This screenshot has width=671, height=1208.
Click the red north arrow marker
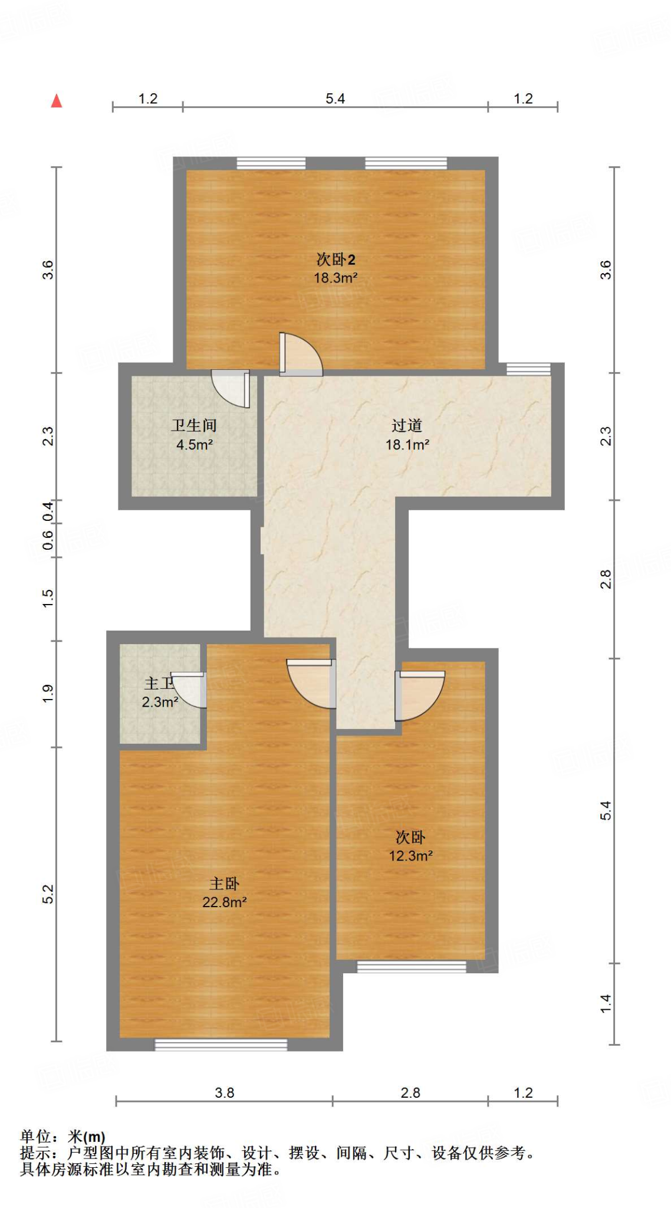[x=57, y=101]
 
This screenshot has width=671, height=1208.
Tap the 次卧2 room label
[x=335, y=260]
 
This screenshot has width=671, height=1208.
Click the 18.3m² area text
[x=335, y=278]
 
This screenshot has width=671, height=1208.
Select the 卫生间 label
[x=194, y=425]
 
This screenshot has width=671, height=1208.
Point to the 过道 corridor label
[x=407, y=425]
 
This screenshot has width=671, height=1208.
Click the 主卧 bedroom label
[x=224, y=884]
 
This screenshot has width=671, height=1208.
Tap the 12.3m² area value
[x=410, y=856]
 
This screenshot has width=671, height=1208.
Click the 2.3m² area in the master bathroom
[x=160, y=702]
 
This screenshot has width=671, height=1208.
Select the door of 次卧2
[x=301, y=356]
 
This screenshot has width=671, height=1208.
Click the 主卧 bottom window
[x=221, y=1045]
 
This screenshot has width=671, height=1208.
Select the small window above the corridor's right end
[x=528, y=369]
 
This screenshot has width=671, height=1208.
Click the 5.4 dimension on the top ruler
[x=335, y=99]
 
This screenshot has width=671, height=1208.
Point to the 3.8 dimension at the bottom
[x=224, y=1093]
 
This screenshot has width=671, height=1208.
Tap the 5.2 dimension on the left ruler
[x=48, y=894]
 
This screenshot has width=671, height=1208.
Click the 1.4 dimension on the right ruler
[x=606, y=1003]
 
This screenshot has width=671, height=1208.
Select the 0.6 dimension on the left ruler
[x=48, y=540]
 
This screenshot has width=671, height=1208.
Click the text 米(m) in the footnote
[x=87, y=1137]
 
